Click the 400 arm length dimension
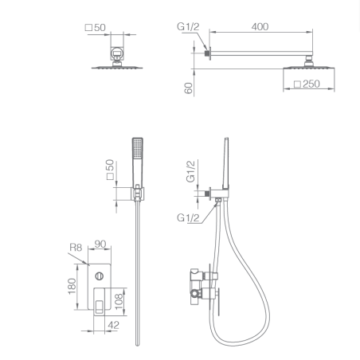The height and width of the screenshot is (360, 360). point(260,27)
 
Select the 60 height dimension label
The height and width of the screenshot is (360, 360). point(188,88)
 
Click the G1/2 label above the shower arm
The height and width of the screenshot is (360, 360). point(188,26)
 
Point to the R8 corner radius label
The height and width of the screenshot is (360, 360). point(76,248)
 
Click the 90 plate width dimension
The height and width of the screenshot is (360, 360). point(100,244)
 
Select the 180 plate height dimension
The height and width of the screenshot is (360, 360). point(72,286)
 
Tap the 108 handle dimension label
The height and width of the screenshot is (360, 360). point(119,301)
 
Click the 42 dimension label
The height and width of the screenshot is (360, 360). point(113,325)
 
